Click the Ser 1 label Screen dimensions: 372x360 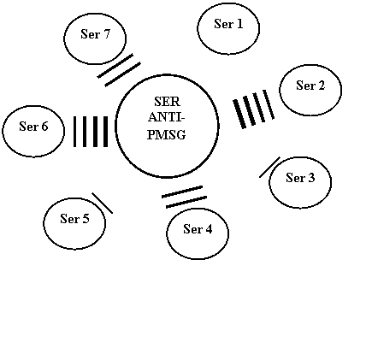coord(228,24)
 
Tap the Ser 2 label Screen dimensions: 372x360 coord(310,86)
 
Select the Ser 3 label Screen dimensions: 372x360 coord(300,178)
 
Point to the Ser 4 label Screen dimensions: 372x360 coord(198,229)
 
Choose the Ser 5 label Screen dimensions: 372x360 coord(74,219)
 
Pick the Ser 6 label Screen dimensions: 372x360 coord(33,127)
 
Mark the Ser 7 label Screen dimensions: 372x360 coord(95,34)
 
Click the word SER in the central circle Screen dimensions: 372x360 coord(167,102)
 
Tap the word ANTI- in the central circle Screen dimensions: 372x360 coord(167,117)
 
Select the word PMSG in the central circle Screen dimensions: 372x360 coord(167,134)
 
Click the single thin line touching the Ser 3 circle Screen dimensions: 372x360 coord(269,167)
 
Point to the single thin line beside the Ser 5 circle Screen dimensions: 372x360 coord(103,203)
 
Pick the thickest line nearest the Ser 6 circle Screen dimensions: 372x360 coord(75,132)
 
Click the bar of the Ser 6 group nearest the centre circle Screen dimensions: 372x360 coord(105,132)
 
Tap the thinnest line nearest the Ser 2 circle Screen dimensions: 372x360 coord(269,104)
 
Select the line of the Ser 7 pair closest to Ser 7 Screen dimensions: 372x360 coord(115,66)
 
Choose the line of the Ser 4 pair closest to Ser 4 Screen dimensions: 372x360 coord(186,202)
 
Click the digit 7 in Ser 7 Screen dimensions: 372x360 coord(106,34)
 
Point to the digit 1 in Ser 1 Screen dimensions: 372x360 coord(240,24)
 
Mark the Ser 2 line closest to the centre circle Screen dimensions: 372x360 coord(239,114)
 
